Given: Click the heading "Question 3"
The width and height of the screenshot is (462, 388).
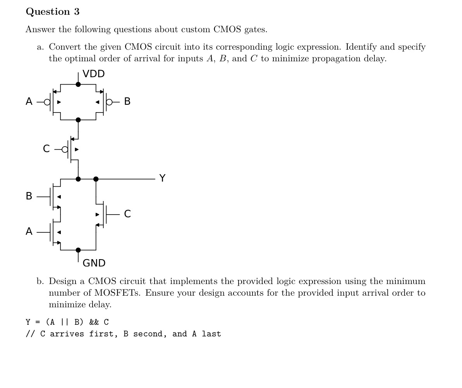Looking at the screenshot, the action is [x=53, y=12].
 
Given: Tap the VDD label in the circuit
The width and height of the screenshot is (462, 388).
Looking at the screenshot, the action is [x=93, y=74].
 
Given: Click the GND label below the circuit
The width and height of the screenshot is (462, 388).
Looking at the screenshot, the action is [x=94, y=263].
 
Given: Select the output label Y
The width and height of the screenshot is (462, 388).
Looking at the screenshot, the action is [x=162, y=178].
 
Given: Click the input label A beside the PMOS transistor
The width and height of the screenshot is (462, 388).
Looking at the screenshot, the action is [x=29, y=102].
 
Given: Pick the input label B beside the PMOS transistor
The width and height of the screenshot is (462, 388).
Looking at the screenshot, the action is [x=127, y=102].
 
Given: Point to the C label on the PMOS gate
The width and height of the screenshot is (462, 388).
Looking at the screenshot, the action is [x=46, y=149].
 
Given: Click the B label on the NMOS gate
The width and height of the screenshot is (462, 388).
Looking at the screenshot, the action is [x=29, y=196].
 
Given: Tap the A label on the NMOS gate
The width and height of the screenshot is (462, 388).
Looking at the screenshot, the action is [x=29, y=232].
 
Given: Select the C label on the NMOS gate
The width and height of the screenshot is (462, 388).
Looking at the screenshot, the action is [x=127, y=214].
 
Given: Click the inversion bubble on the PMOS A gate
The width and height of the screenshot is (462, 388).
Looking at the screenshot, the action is [x=47, y=102].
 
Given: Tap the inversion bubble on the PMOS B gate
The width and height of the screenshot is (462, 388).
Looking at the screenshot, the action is [x=109, y=102].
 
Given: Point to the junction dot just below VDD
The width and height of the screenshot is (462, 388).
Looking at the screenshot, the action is [x=78, y=84].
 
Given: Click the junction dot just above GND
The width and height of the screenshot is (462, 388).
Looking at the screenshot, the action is [x=78, y=250].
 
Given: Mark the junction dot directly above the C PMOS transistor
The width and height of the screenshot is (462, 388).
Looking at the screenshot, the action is [x=78, y=120].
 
